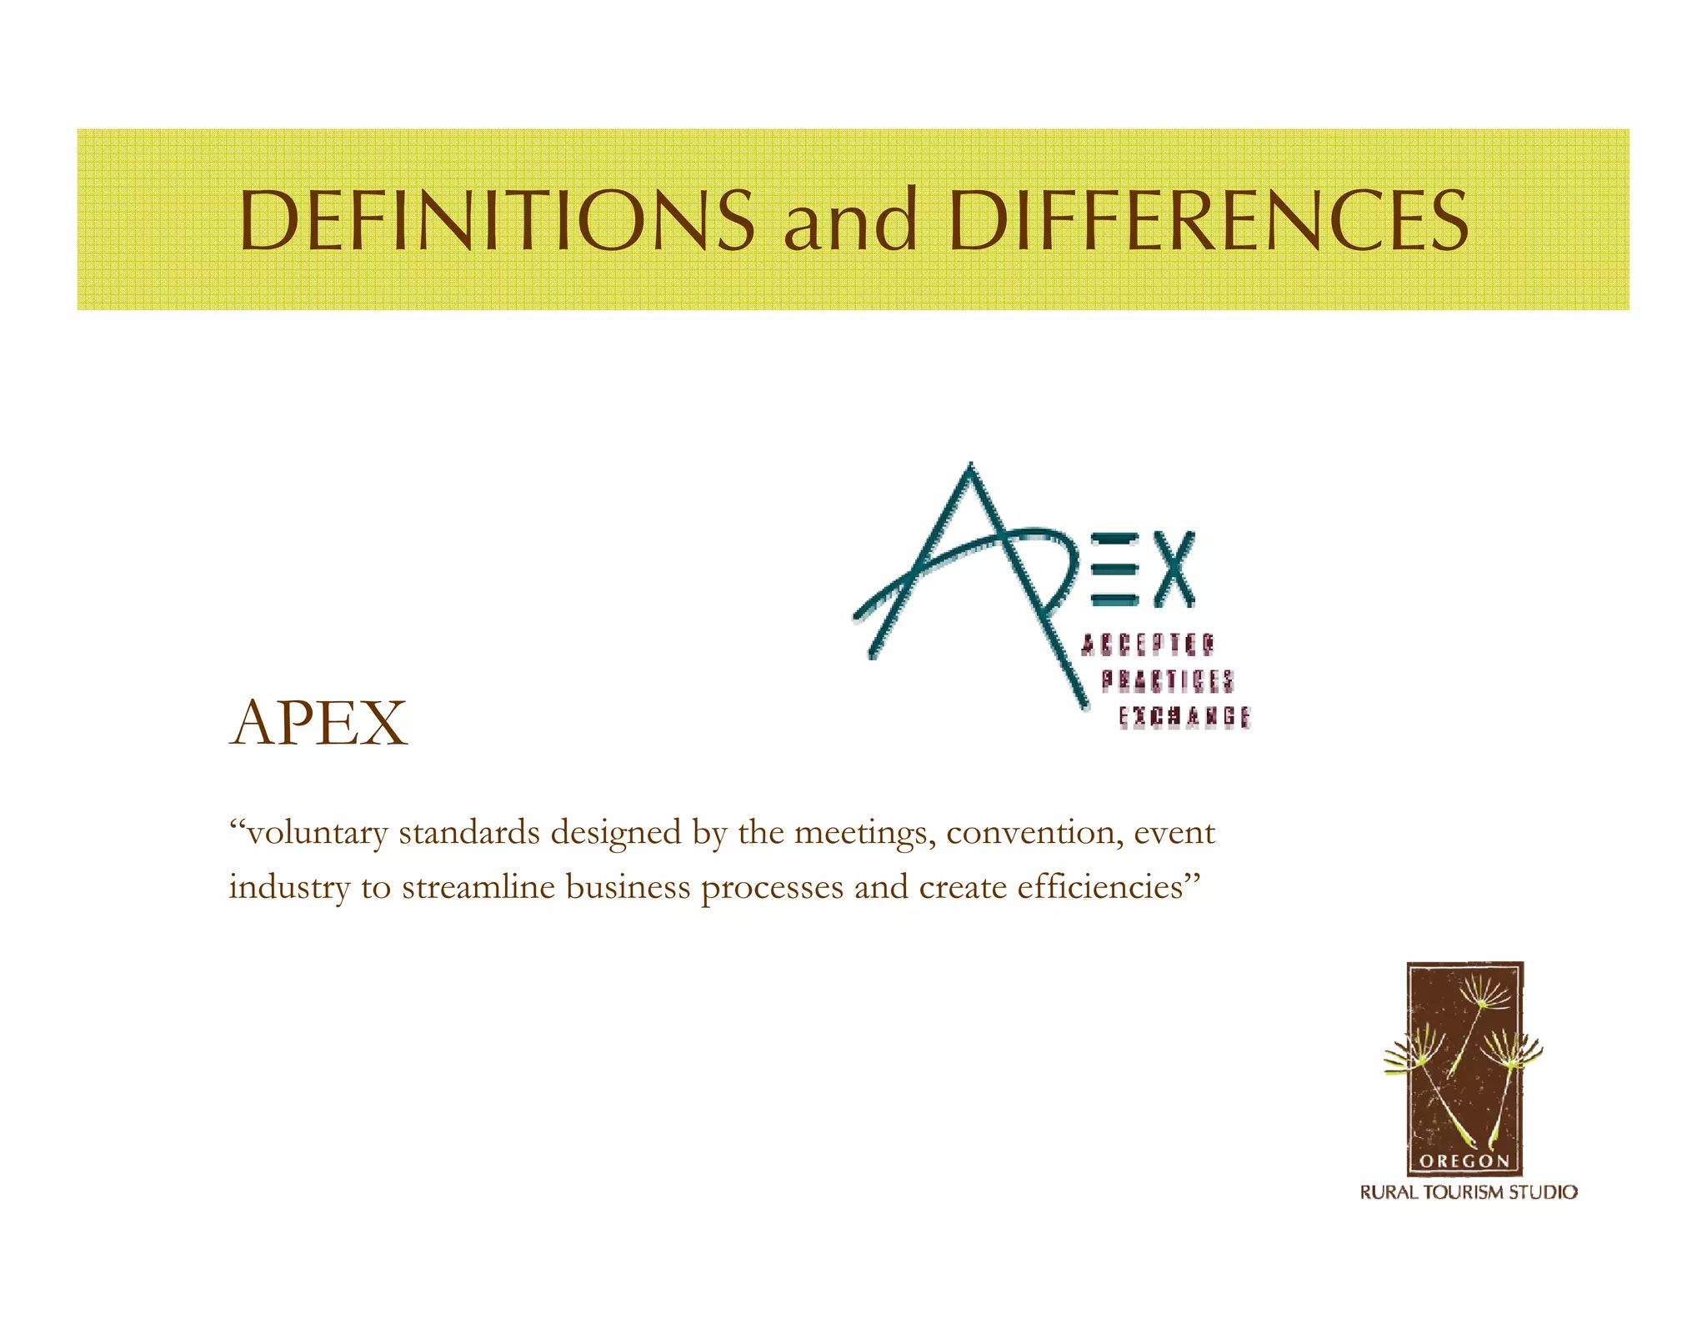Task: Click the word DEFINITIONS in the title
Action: (x=497, y=220)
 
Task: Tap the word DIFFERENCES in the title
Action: (x=1208, y=220)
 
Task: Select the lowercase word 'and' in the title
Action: (x=850, y=220)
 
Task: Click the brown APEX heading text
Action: (x=319, y=723)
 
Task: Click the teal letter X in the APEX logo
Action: (x=1174, y=569)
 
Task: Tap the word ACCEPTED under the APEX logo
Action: (x=1148, y=644)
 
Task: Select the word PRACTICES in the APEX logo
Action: (x=1168, y=680)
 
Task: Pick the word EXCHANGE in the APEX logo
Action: (x=1184, y=717)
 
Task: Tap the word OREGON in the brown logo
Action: (x=1464, y=1161)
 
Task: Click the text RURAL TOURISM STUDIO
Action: (x=1469, y=1192)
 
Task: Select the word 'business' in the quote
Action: (x=628, y=886)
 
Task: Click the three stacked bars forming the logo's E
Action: (x=1114, y=569)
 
